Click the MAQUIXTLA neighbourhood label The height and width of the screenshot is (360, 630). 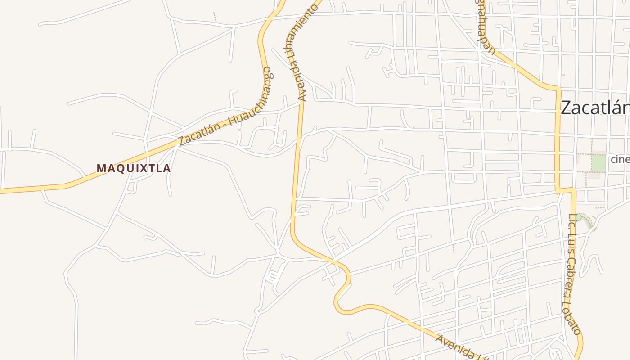point(134,168)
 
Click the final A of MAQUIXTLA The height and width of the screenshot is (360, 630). point(167,168)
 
